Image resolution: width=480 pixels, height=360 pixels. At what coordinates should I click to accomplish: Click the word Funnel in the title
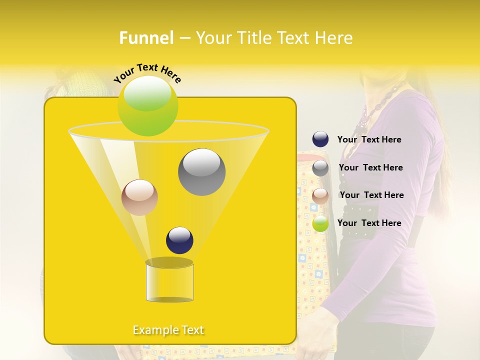click(x=146, y=38)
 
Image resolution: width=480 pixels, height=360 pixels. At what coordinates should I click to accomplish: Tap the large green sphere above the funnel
click(x=148, y=105)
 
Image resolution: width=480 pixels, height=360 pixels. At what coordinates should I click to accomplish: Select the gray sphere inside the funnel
click(x=201, y=171)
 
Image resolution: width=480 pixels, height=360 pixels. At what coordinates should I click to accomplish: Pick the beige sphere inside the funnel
click(x=139, y=197)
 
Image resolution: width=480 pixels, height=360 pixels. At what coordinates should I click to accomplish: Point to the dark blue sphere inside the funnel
click(x=179, y=240)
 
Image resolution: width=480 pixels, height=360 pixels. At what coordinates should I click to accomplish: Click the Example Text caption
click(x=168, y=330)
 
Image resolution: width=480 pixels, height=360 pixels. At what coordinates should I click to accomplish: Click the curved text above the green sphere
click(x=147, y=73)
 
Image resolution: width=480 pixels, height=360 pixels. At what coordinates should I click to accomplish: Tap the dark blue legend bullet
click(x=320, y=139)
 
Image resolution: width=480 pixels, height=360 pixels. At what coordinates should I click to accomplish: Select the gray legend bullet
click(x=320, y=168)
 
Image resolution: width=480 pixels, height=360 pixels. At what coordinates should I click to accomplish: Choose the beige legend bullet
click(x=320, y=195)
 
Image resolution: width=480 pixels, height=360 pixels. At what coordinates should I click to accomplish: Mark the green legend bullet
click(x=320, y=223)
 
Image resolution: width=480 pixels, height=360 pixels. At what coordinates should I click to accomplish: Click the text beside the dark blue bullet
click(x=369, y=139)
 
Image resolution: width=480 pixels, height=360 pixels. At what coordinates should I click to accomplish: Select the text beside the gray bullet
click(x=370, y=167)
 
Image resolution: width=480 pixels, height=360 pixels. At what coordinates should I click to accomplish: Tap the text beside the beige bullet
click(x=371, y=195)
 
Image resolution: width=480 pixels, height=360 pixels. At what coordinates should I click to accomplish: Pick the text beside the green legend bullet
click(x=369, y=223)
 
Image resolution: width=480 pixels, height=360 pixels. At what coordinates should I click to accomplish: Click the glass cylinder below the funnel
click(x=169, y=281)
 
